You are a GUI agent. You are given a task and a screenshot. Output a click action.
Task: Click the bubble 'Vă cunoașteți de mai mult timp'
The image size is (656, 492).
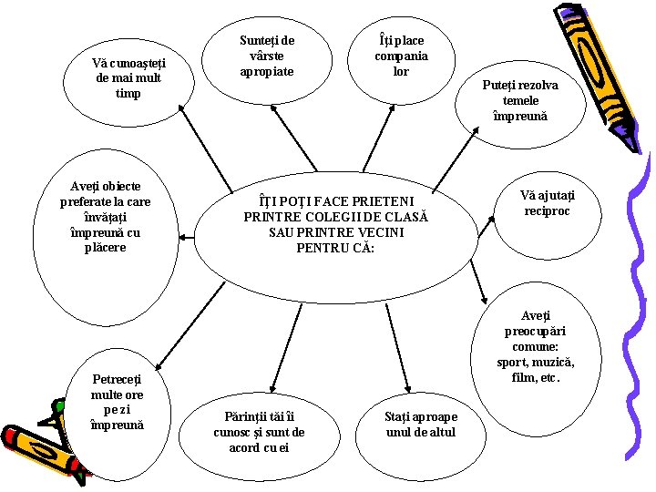(x=128, y=78)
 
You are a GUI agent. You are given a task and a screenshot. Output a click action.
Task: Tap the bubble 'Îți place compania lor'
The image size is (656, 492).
(x=401, y=56)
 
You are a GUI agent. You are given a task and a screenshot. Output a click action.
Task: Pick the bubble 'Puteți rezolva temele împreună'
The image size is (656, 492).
(x=526, y=100)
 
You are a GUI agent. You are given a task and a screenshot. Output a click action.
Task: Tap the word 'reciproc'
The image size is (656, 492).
(x=547, y=211)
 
